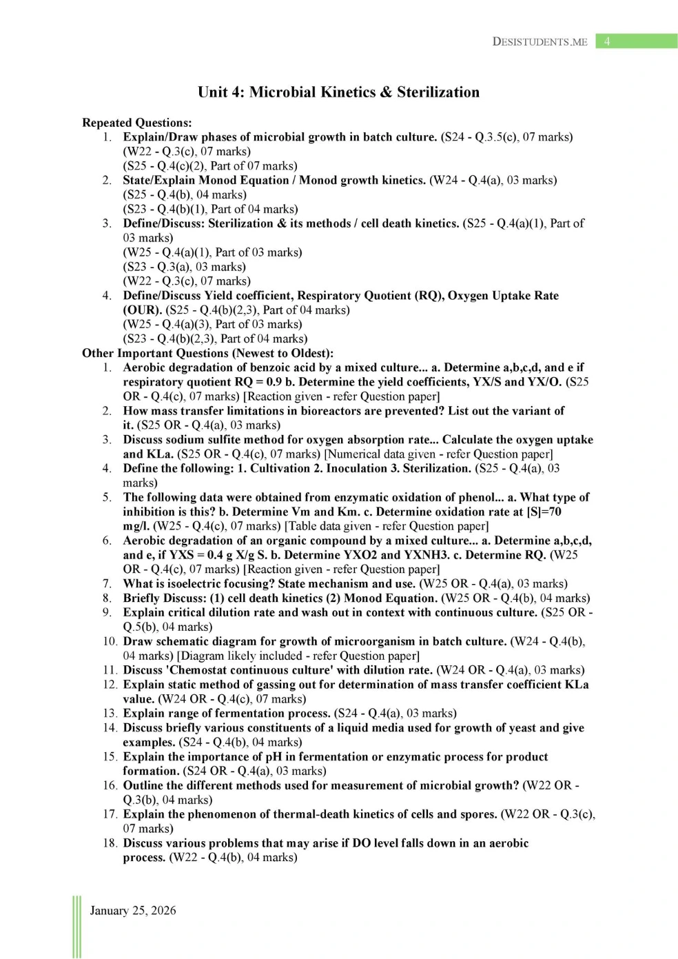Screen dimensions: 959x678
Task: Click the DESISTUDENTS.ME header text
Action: click(540, 42)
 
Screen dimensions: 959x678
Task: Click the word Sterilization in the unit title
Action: click(438, 92)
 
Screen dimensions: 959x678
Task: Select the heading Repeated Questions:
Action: click(137, 123)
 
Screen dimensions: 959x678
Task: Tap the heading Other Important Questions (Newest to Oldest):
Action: click(207, 353)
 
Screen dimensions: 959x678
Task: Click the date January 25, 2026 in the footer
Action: click(133, 910)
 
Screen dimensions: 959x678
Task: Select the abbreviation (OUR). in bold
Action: click(143, 310)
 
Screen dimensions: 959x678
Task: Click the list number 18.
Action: click(110, 843)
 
